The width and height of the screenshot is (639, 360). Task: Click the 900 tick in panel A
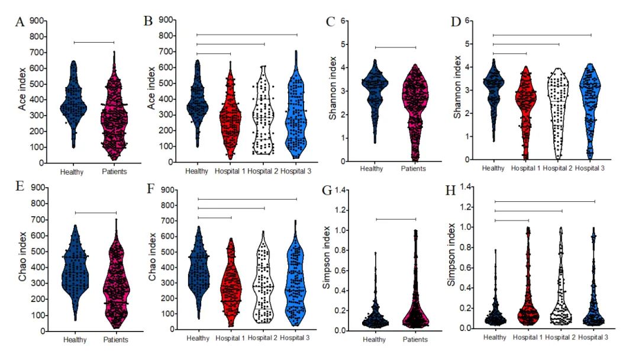pos(37,21)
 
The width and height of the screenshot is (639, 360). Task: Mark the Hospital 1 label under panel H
pos(528,337)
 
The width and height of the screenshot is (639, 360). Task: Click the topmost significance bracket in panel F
pos(247,199)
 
